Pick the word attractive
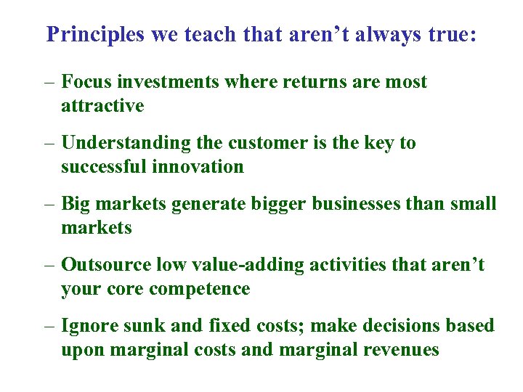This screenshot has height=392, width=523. tap(102, 106)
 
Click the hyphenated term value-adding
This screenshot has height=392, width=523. tap(239, 265)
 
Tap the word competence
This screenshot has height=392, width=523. tap(199, 289)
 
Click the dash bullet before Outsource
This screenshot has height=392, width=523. tap(49, 266)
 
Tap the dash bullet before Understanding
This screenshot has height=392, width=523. tap(49, 144)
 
